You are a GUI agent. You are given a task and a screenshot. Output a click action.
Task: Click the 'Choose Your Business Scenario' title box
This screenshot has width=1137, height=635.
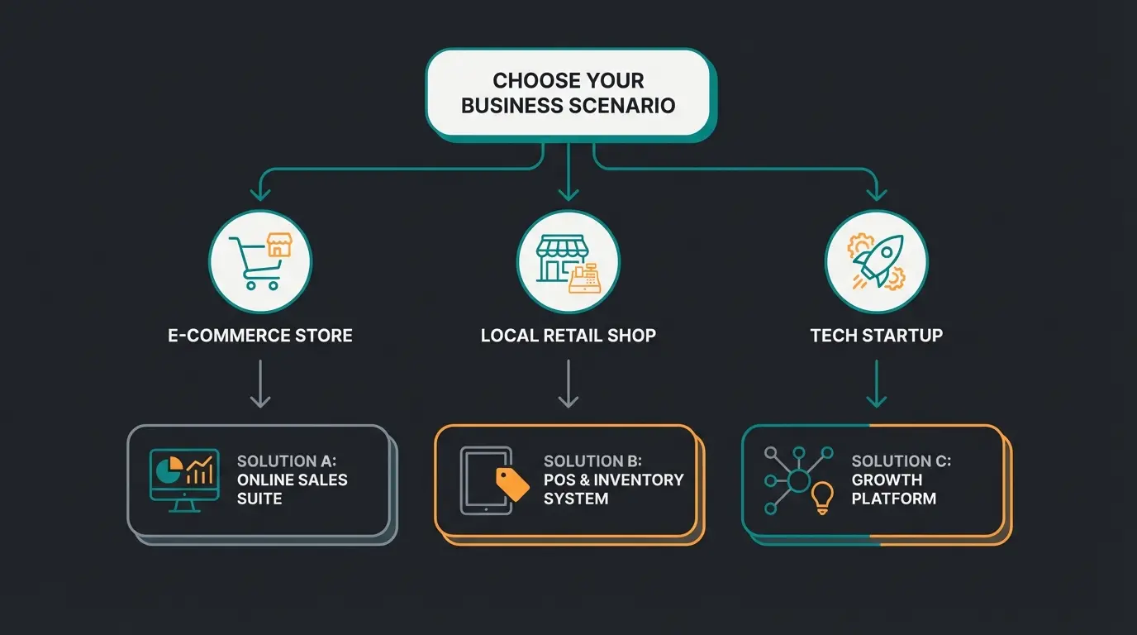(568, 93)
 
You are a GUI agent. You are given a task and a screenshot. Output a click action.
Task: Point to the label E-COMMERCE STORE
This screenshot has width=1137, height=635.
(259, 336)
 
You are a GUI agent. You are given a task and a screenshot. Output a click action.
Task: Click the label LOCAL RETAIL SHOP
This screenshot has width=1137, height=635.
(568, 336)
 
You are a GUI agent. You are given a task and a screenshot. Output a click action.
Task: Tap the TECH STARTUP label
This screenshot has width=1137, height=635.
(876, 336)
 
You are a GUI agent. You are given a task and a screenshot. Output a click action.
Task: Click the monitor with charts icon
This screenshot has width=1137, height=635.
(183, 479)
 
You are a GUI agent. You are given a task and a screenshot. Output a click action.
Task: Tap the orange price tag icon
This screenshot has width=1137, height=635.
(512, 484)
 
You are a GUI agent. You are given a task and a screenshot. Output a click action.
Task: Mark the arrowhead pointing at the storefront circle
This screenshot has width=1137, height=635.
(568, 194)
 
